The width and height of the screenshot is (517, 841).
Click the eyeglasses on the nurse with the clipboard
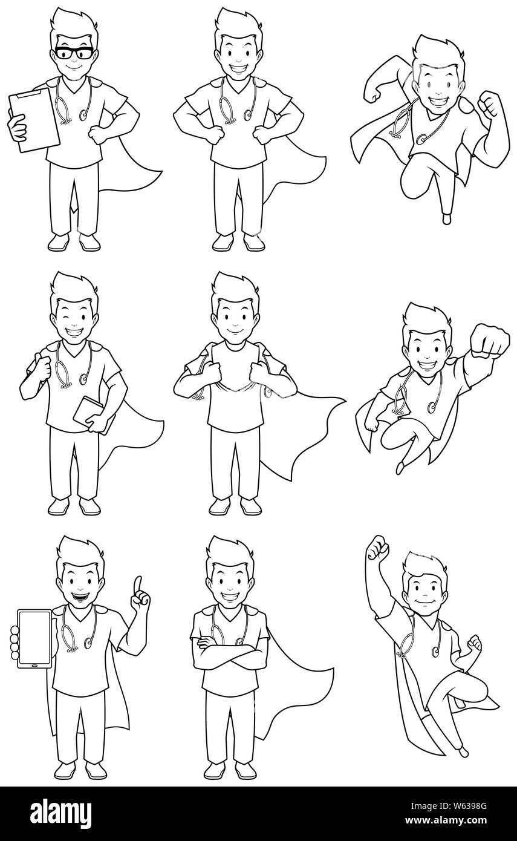point(74,53)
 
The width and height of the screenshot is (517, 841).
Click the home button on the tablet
point(34,666)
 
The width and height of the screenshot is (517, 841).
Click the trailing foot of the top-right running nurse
point(446,218)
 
